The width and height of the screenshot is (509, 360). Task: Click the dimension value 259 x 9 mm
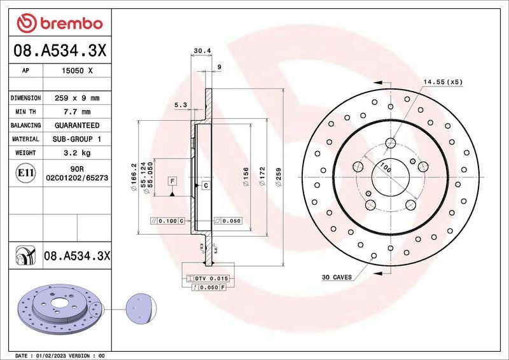coord(77,99)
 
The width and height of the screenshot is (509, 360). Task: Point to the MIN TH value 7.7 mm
coord(77,112)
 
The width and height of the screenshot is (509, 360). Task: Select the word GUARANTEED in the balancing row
coord(77,125)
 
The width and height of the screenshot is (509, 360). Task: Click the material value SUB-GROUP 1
coord(77,139)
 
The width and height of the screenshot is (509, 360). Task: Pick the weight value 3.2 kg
coord(77,153)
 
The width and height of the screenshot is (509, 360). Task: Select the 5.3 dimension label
coord(180,104)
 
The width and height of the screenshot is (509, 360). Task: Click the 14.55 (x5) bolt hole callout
coord(443,82)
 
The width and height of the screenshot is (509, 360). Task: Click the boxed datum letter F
coord(172,181)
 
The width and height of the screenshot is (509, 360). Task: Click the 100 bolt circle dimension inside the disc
coord(384,169)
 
